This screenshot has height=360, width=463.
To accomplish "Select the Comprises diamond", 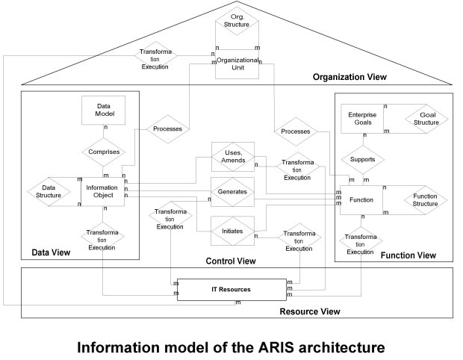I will point(104,152).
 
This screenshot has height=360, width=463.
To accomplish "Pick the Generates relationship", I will point(232,192).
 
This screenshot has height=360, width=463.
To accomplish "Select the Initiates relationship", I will point(232,232).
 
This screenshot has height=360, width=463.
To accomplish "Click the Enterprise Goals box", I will point(362,118).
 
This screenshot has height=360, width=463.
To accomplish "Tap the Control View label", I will point(230,261).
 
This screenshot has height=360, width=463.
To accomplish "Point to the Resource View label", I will point(309,311).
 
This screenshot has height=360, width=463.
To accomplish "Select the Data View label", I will point(51,252).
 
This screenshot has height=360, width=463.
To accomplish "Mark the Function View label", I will point(408,255).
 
